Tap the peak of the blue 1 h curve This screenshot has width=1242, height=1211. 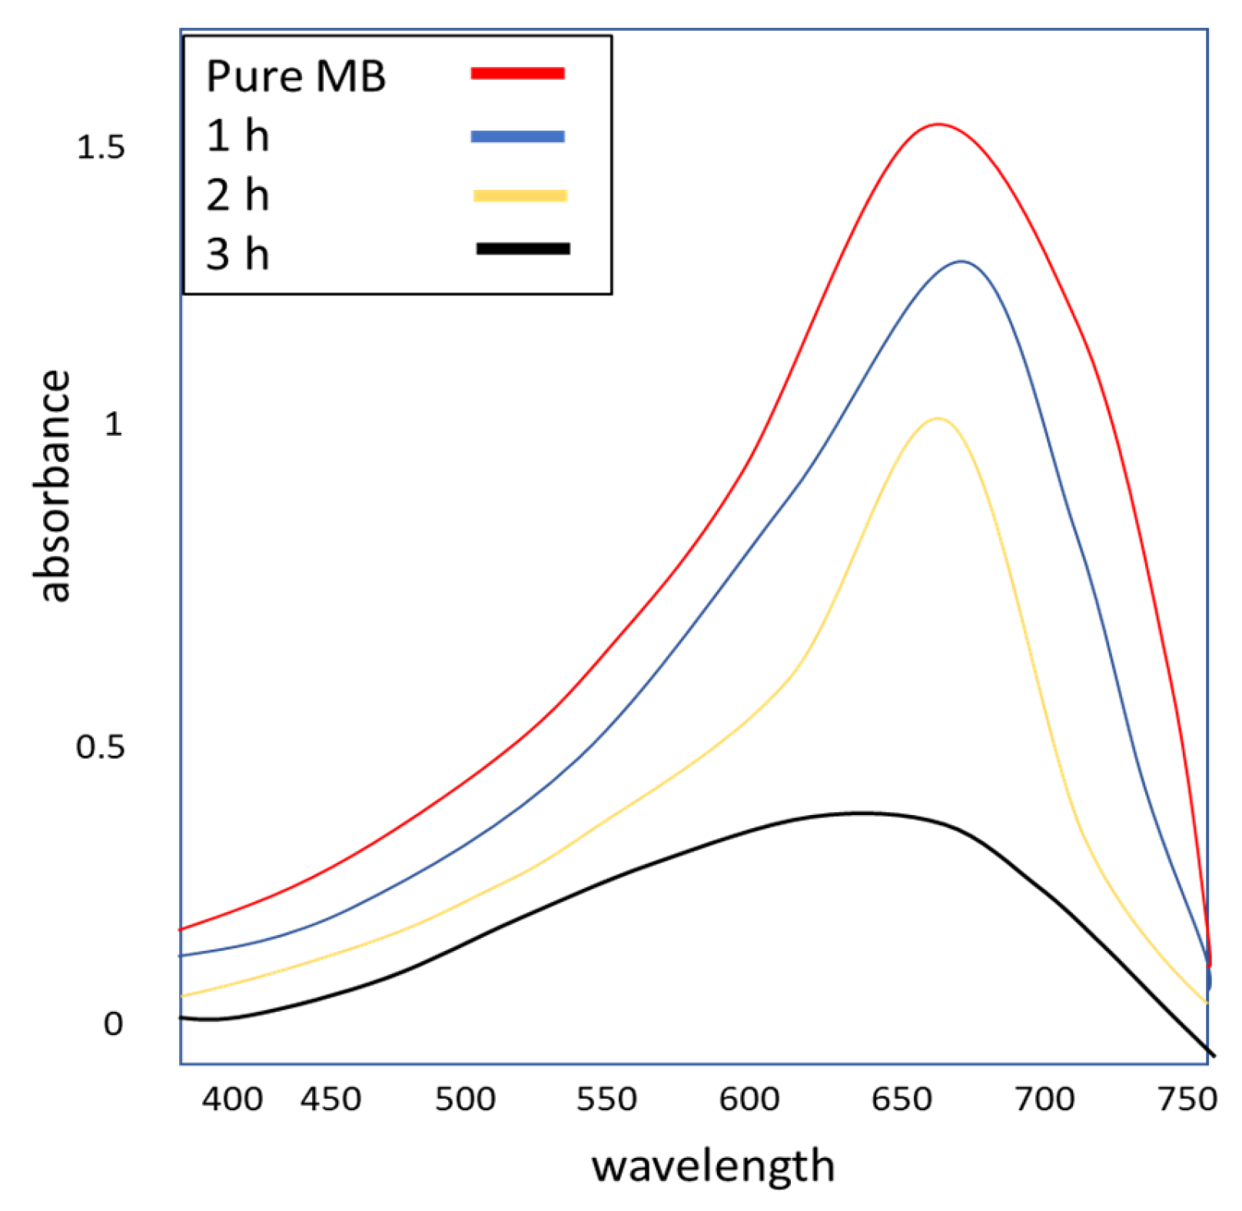tap(961, 261)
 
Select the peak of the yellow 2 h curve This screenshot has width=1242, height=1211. tap(938, 418)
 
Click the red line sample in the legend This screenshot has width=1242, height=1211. tap(517, 74)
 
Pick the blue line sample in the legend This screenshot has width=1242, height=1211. tap(517, 137)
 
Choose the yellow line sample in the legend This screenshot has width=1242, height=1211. tap(520, 196)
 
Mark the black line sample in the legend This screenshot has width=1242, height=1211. tap(523, 248)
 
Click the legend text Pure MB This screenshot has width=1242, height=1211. tap(296, 76)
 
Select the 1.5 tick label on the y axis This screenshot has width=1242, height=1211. tap(101, 147)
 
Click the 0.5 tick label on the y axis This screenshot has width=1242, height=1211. tap(101, 746)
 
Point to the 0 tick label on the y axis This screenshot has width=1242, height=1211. tap(113, 1023)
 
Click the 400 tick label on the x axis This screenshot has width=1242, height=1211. tap(232, 1099)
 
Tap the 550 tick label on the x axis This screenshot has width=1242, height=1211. tap(606, 1099)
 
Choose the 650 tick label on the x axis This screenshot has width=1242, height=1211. tap(902, 1099)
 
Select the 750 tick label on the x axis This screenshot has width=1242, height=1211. tap(1187, 1099)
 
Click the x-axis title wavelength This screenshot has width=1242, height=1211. tap(712, 1166)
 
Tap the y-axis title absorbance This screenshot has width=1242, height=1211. tap(54, 486)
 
